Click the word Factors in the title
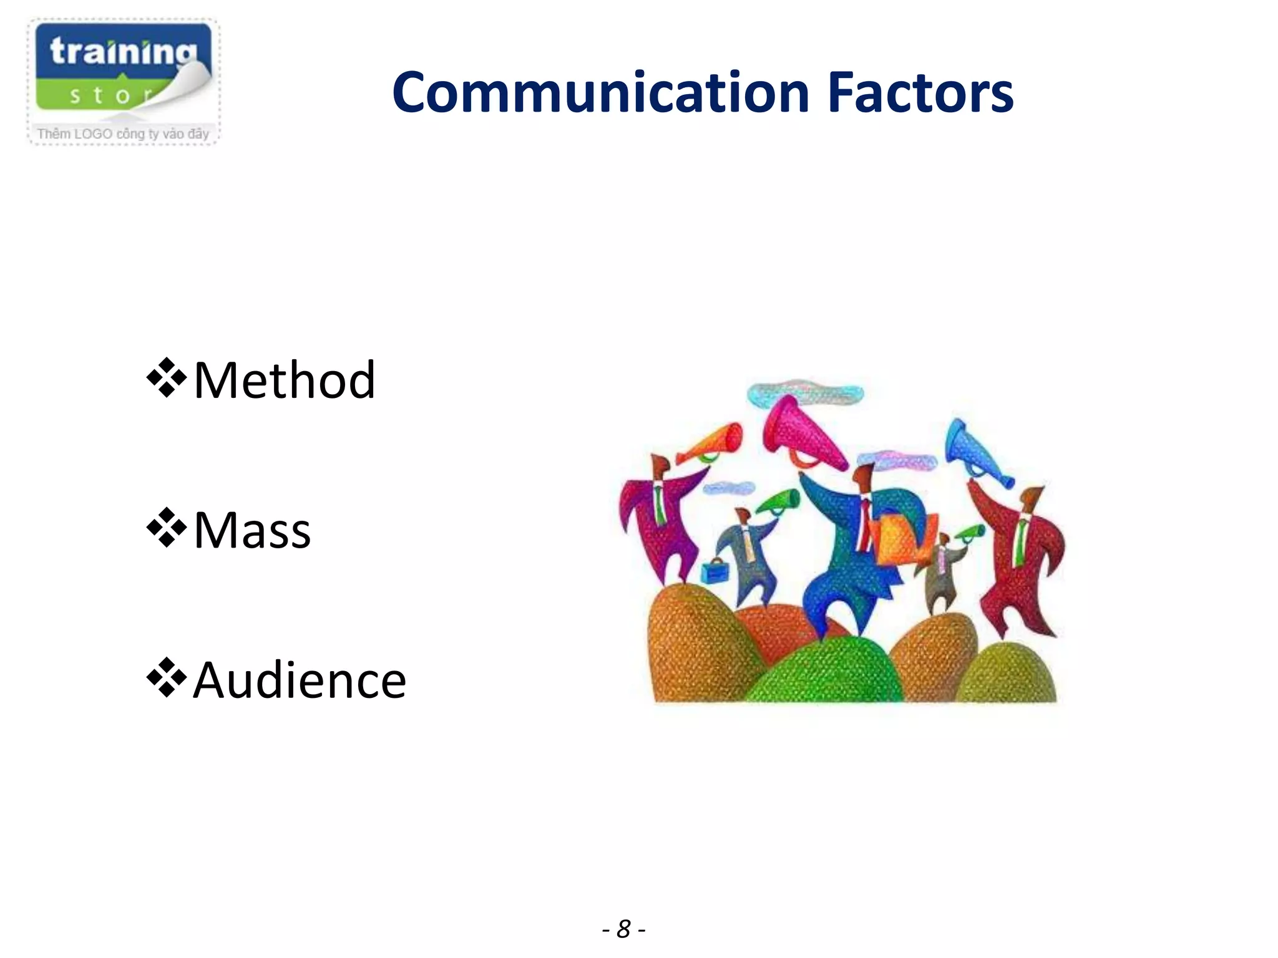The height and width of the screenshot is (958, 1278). [x=920, y=94]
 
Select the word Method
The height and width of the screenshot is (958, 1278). [x=285, y=380]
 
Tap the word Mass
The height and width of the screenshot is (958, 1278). [x=252, y=530]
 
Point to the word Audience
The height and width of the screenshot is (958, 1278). [x=300, y=680]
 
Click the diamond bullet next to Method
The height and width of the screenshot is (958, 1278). [x=167, y=378]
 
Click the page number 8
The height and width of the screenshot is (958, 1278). [x=623, y=929]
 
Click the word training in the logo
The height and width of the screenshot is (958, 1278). [x=123, y=52]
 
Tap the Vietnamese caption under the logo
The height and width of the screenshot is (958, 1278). [x=123, y=133]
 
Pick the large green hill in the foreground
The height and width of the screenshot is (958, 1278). [x=824, y=674]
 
